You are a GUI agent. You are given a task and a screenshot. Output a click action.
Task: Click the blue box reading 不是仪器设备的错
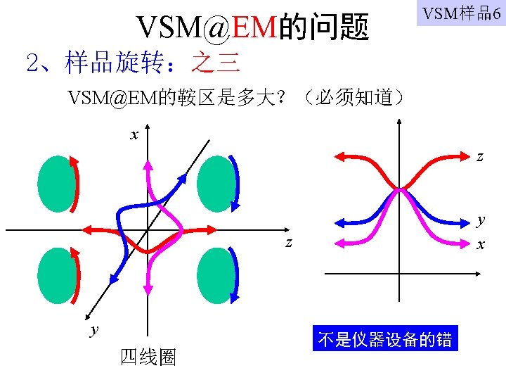pos(384,339)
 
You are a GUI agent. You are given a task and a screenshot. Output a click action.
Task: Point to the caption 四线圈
pos(148,357)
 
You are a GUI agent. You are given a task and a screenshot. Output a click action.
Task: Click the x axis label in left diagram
pos(134,133)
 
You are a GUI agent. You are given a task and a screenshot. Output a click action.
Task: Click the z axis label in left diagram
pos(289,243)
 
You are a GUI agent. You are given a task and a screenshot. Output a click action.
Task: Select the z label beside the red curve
pos(480,157)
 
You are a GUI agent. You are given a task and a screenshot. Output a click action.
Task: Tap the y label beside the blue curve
pos(481,219)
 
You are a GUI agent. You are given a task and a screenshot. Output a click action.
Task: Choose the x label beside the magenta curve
pos(481,245)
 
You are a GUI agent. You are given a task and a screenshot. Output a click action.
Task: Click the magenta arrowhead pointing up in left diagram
pos(148,165)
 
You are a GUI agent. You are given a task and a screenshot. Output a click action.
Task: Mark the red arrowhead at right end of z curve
pos(210,229)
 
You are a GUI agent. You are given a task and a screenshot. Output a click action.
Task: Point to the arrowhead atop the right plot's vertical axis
pos(399,123)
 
